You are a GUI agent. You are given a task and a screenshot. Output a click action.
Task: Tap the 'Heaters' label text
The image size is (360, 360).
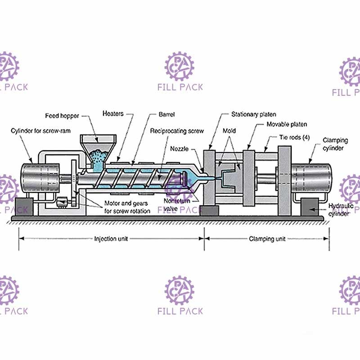coord(112,113)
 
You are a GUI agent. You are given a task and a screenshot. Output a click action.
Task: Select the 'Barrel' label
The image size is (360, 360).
coord(166,114)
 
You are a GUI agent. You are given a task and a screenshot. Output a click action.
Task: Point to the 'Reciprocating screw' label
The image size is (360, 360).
coord(177,131)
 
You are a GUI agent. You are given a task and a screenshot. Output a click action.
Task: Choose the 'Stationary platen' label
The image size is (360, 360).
coord(253,114)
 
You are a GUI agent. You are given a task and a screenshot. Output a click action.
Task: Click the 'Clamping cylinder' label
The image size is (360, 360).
coord(335,144)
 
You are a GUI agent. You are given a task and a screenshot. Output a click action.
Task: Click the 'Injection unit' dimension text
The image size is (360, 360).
coord(111,239)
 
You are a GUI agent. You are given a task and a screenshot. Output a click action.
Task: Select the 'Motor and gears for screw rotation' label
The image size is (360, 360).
coord(127,207)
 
